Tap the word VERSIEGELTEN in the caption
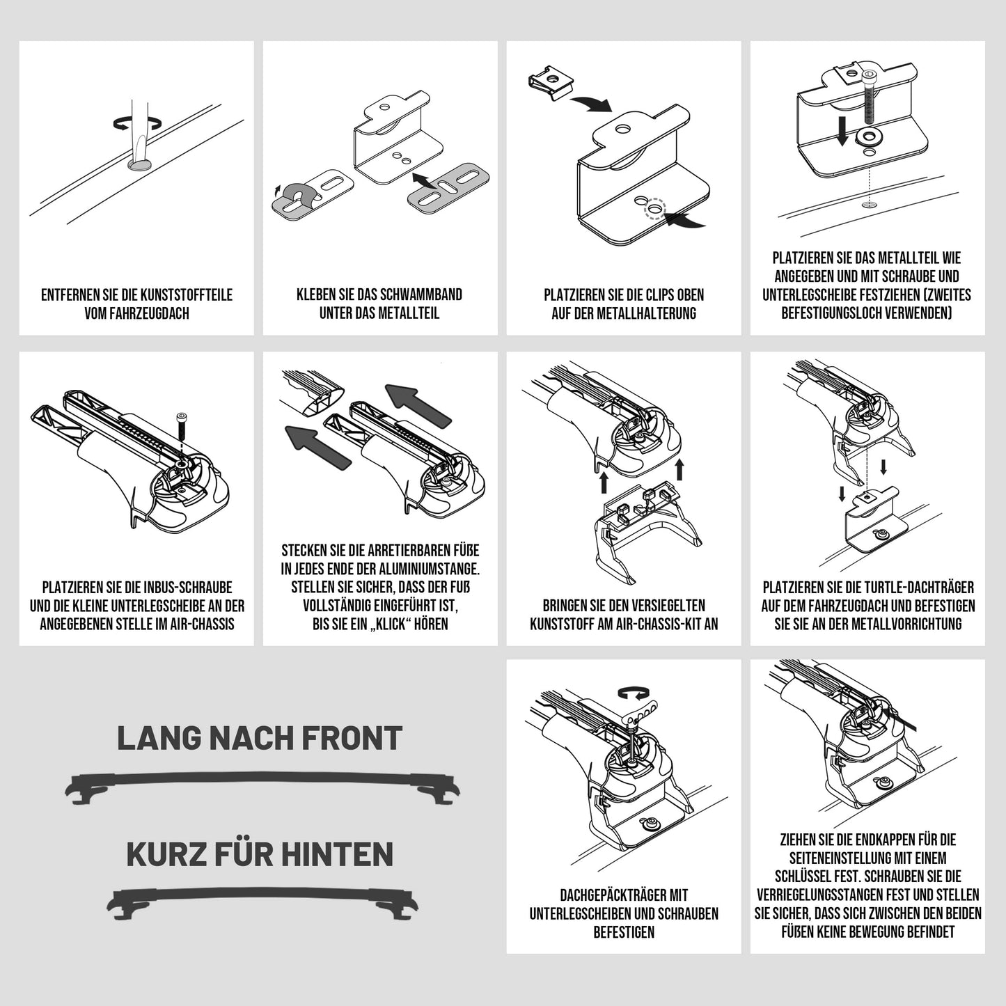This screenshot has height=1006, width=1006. [x=661, y=606]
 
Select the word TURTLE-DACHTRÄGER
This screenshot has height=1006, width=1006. [x=907, y=588]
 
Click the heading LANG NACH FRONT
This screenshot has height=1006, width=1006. [x=260, y=738]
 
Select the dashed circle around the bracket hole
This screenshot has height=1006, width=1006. [x=654, y=209]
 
